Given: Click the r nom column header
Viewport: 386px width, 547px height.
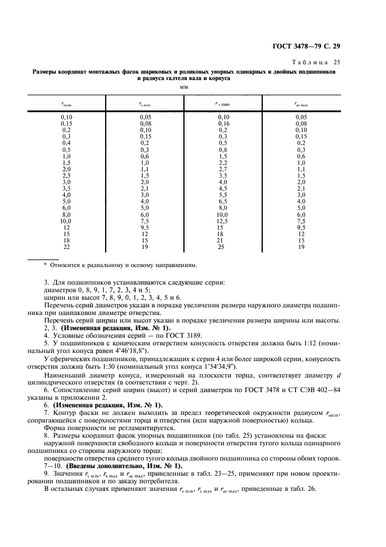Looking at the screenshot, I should click(67, 105).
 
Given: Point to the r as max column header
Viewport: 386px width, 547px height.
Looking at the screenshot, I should click(301, 105).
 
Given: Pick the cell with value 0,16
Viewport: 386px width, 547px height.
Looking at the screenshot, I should click(222, 123).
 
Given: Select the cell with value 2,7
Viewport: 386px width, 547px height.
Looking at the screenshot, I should click(222, 168).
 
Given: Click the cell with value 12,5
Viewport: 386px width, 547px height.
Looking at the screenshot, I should click(222, 221).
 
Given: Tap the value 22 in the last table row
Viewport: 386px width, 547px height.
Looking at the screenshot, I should click(67, 247).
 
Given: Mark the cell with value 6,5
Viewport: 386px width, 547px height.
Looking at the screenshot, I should click(222, 201).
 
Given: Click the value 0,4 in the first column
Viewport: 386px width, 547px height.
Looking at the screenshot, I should click(67, 143).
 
